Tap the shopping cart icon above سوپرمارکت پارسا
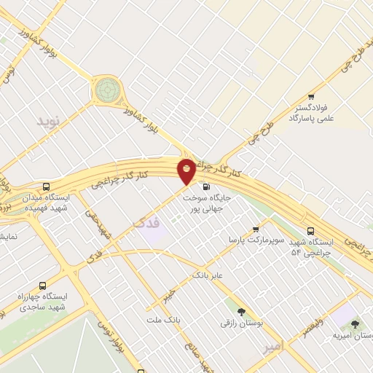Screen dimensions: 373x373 tap(255, 228)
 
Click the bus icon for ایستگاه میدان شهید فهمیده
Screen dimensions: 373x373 tap(47, 186)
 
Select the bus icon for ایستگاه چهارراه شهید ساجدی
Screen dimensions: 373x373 tap(42, 286)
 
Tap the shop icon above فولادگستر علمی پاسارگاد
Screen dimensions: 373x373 tap(311, 97)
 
